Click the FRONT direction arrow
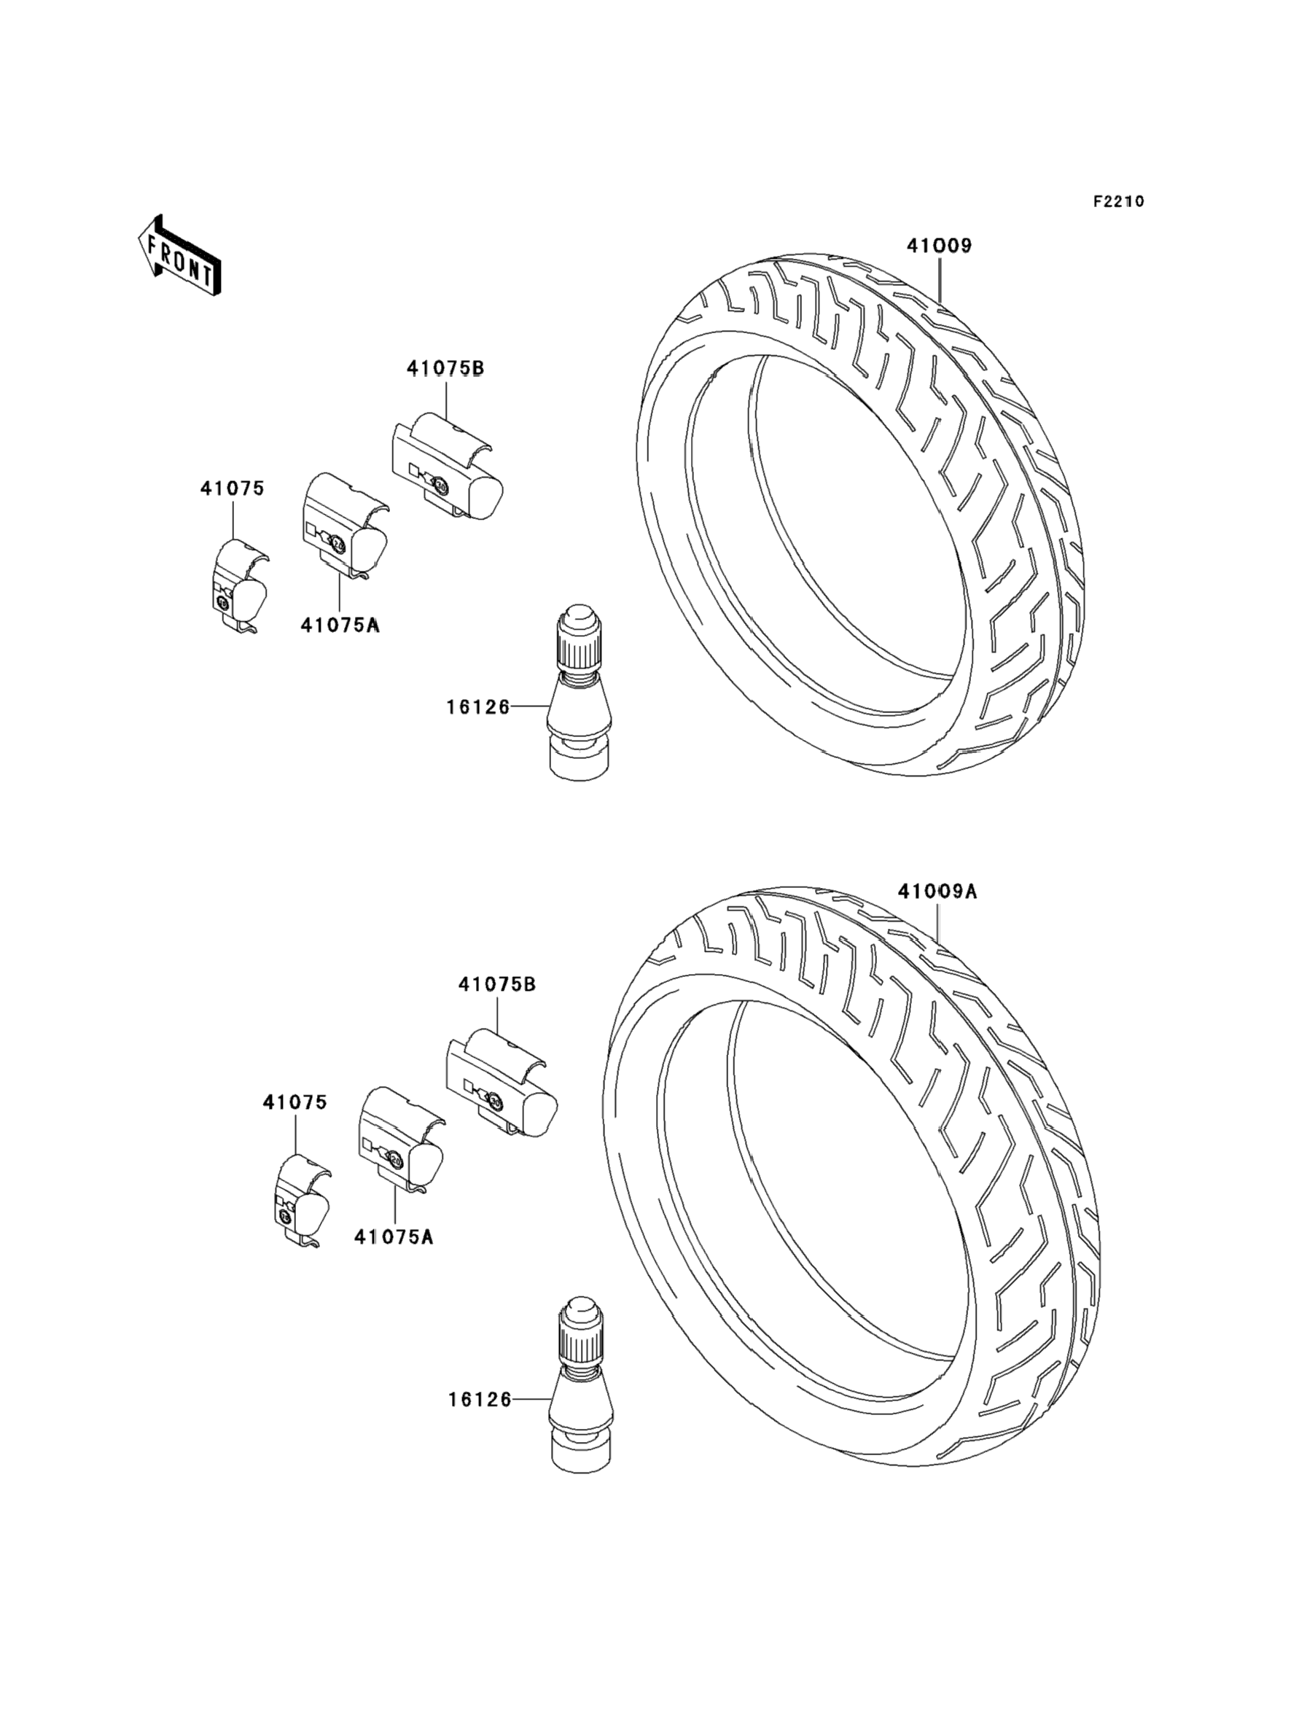click(x=179, y=256)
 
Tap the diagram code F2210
click(x=1118, y=201)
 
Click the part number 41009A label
click(x=937, y=891)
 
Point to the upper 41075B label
click(x=445, y=368)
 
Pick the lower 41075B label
click(x=497, y=984)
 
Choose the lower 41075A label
click(x=393, y=1236)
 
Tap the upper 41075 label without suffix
click(x=233, y=488)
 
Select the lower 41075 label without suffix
click(x=295, y=1102)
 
